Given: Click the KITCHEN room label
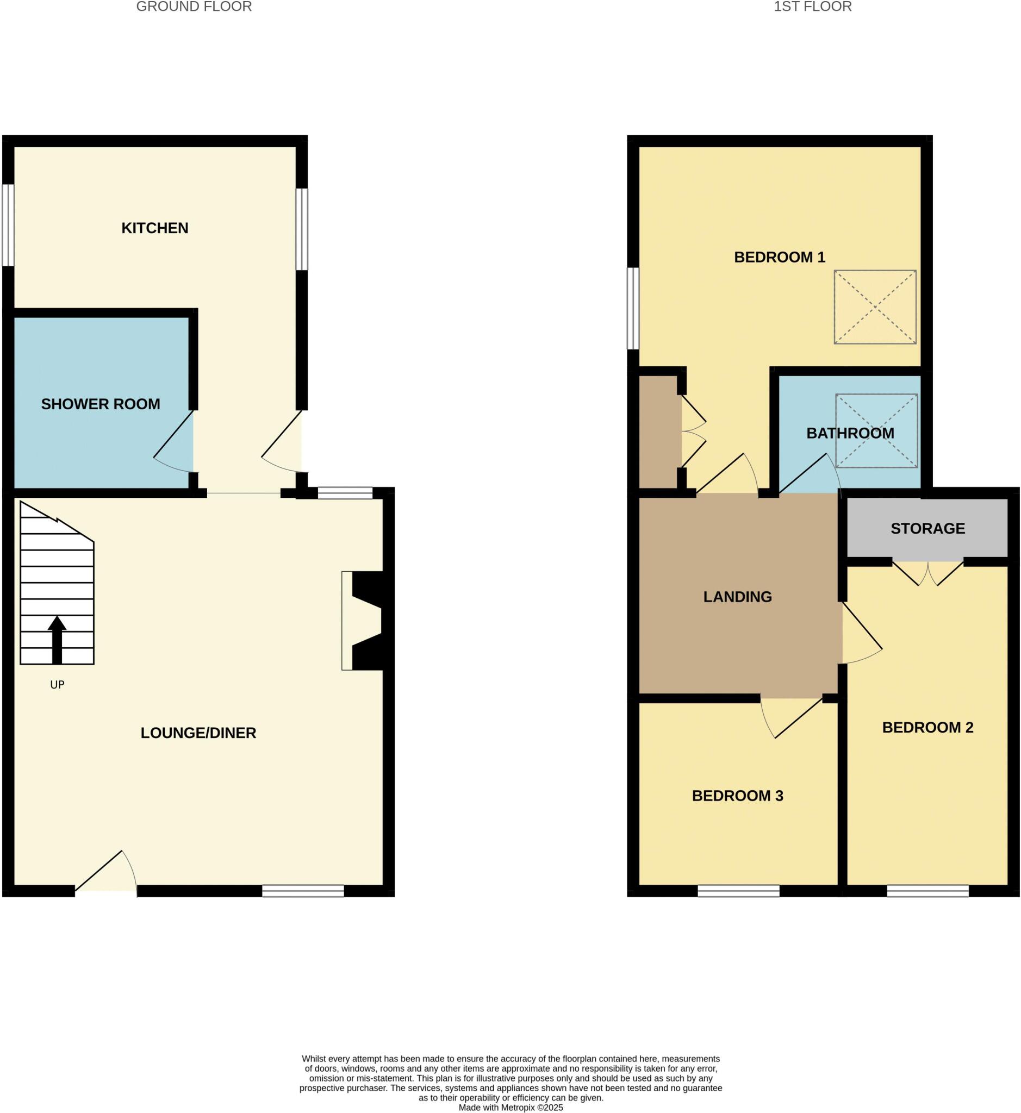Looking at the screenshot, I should coord(155,228).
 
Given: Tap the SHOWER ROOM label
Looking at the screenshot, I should coord(101,404).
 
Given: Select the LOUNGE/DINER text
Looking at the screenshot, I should coord(198,733).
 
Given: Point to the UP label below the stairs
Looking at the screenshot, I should coord(58,685).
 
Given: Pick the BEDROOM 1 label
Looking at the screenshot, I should coord(779,257).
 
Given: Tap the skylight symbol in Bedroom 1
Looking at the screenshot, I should coord(875,307).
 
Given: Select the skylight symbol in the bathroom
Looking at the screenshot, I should coord(876,431).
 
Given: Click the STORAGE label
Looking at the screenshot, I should coord(927,529).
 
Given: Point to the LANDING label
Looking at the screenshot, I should coord(738,597).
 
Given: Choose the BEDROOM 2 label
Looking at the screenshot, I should coord(927,728).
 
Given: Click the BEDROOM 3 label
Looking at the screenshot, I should coord(738,796).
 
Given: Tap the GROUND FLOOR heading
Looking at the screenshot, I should coord(194,7).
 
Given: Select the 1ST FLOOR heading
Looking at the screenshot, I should coord(812,7).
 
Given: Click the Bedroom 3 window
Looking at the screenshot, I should coord(738,890).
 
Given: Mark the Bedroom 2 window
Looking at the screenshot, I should coord(927,890).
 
